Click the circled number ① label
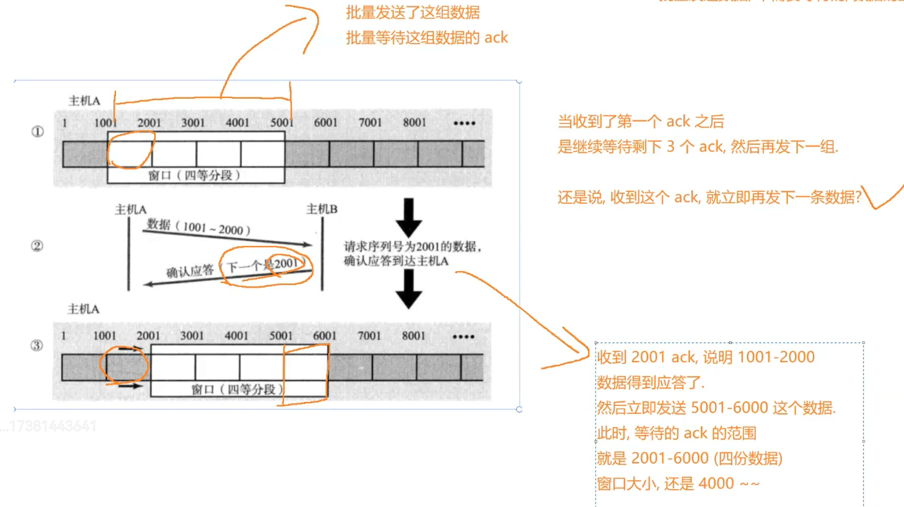(x=38, y=131)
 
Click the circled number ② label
(x=37, y=246)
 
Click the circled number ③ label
(x=37, y=345)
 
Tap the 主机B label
(x=322, y=209)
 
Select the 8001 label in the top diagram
(x=414, y=122)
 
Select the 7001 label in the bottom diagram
(x=369, y=336)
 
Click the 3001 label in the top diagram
(x=193, y=122)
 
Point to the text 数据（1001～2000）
(x=198, y=227)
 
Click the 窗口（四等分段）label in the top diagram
(x=194, y=175)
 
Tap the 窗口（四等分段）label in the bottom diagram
(x=238, y=390)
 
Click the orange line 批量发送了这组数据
(x=413, y=12)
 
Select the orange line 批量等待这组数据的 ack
(x=426, y=38)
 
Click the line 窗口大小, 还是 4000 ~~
(x=678, y=484)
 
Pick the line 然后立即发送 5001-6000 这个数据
(x=716, y=408)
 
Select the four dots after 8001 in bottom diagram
(x=464, y=337)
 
